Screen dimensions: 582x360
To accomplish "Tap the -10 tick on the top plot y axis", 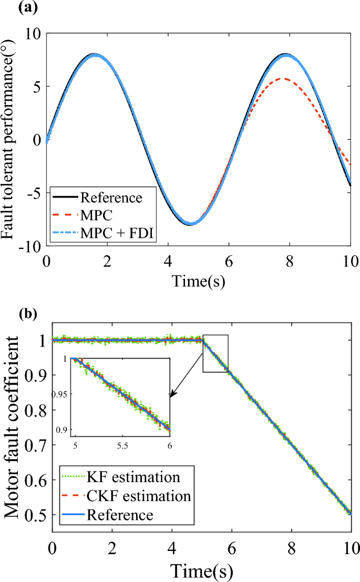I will tap(31, 247).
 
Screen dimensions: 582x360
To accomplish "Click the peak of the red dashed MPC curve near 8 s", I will tap(284, 78).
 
